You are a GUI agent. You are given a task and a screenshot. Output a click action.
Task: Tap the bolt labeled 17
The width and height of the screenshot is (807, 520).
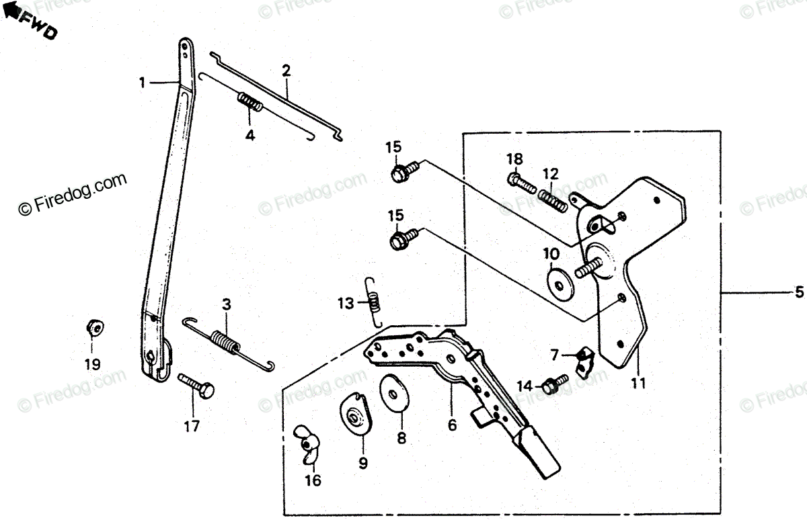pos(196,385)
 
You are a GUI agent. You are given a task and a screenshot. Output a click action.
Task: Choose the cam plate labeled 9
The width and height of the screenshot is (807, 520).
pos(356,417)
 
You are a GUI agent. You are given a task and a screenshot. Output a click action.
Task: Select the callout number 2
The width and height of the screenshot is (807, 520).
pos(286,71)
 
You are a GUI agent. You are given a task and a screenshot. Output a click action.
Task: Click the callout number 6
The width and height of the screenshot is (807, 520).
pos(452,425)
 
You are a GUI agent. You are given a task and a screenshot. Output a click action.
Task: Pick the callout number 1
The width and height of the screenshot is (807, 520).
pos(142,83)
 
